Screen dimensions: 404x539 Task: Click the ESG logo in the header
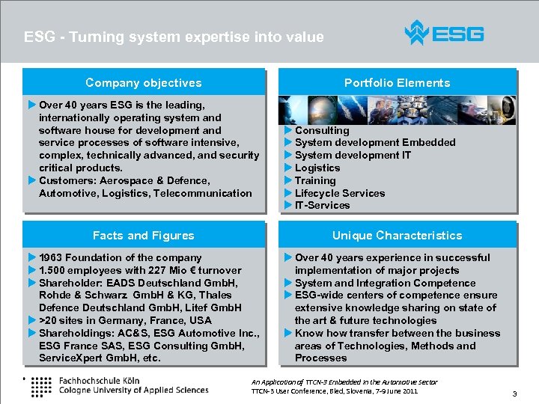[444, 34]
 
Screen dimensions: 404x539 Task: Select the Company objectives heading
[144, 83]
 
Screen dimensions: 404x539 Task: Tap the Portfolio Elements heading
[397, 83]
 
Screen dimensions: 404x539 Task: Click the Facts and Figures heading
[144, 236]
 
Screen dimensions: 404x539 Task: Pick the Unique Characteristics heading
[397, 236]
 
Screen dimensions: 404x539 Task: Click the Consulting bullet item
[322, 130]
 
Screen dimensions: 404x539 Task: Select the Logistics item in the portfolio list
[317, 168]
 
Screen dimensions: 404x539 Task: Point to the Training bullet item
[315, 180]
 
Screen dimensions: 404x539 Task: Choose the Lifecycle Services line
[340, 193]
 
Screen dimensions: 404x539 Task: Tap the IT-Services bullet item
[322, 205]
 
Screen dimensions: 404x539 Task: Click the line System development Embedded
[375, 142]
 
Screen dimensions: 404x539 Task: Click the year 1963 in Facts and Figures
[51, 257]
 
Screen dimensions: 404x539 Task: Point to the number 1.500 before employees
[52, 270]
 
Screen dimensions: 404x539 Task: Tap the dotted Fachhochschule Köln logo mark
[42, 385]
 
